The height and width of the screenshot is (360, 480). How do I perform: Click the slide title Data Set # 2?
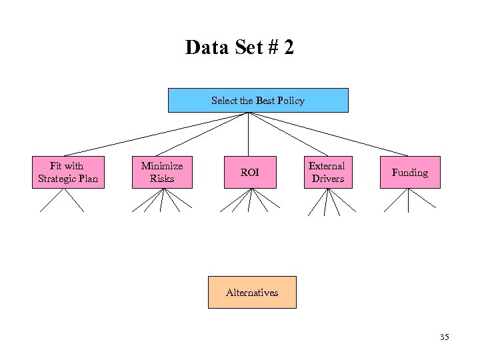coord(239,48)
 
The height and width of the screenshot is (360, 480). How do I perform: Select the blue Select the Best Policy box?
coord(257,100)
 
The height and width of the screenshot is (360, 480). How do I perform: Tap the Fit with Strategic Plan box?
coord(68,172)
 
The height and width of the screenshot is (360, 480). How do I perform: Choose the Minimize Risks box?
coord(162,172)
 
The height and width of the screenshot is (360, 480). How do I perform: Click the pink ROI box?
coord(249,173)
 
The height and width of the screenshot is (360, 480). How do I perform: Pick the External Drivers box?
coord(327,172)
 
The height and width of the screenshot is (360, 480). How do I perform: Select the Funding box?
coord(409,173)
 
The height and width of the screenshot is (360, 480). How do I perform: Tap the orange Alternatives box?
coord(251,292)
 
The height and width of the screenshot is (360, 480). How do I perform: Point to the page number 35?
coord(444,337)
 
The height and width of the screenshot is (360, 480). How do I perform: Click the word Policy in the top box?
coord(291,101)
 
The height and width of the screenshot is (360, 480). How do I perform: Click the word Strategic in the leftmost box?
coord(58,179)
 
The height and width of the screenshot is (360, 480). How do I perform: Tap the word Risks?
coord(162,179)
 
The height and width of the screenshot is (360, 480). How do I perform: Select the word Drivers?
coord(328,179)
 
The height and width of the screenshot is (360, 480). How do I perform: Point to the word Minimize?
coord(162,166)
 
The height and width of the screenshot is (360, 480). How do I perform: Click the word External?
coord(327,166)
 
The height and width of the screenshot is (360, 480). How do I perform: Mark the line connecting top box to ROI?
coord(249,133)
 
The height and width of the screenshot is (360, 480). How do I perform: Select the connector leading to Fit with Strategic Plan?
coord(157,134)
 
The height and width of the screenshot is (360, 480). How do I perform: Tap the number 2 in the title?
coord(287,48)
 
